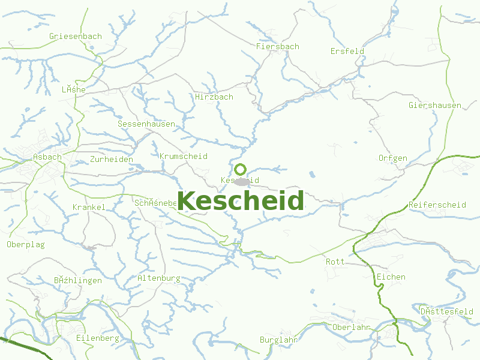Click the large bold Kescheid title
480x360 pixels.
(240, 201)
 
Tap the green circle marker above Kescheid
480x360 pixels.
(241, 169)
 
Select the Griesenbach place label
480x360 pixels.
(76, 36)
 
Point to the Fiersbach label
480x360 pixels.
(277, 46)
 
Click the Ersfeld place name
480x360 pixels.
(347, 51)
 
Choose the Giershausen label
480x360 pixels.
(434, 105)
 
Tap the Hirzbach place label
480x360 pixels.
(214, 97)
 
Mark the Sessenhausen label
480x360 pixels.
(146, 124)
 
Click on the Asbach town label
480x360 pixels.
(47, 157)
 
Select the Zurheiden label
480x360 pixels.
(111, 159)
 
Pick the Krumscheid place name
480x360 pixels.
(184, 156)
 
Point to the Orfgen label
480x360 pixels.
(393, 158)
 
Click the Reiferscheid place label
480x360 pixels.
(437, 205)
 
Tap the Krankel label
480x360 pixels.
(89, 207)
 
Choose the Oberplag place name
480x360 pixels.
(26, 244)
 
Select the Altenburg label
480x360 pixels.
(159, 278)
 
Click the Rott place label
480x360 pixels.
(335, 262)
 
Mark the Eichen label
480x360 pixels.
(391, 277)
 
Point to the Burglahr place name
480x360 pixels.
(279, 340)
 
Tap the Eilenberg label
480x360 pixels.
(97, 338)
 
